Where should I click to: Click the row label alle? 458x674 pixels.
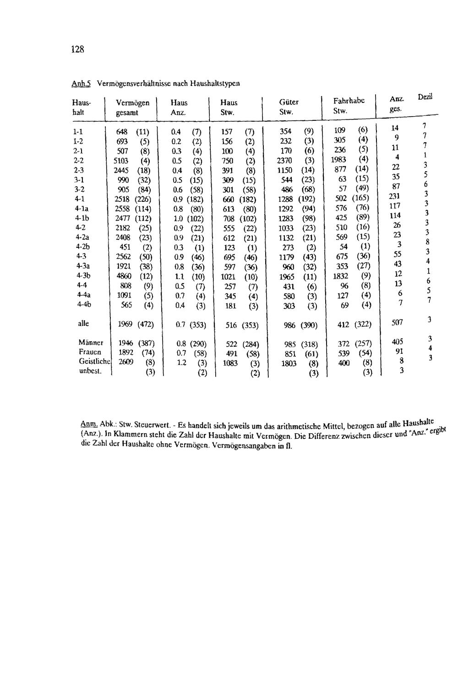click(x=83, y=324)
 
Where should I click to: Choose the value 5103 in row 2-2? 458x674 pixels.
click(x=123, y=161)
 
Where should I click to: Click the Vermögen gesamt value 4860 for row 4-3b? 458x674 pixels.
click(x=124, y=276)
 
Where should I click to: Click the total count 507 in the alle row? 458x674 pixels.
click(x=398, y=323)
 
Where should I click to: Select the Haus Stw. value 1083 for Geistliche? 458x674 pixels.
click(x=231, y=363)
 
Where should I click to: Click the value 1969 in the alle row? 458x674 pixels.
click(x=125, y=325)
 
